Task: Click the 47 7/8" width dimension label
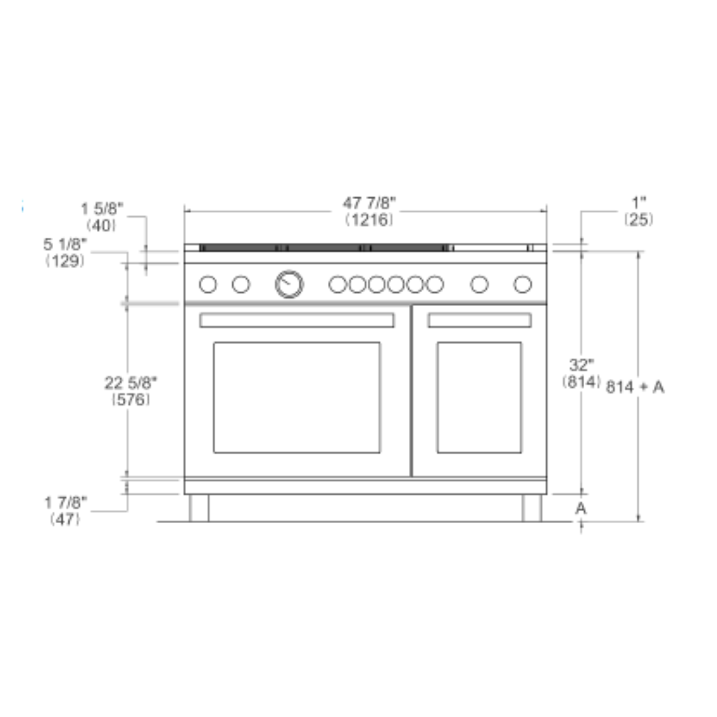[x=369, y=202]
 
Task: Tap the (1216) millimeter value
[x=369, y=220]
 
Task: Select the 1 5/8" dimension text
[x=102, y=209]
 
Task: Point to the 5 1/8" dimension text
[x=65, y=244]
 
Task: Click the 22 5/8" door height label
[x=131, y=383]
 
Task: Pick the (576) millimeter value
[x=131, y=400]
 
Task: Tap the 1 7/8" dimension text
[x=65, y=503]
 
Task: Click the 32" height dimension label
[x=581, y=365]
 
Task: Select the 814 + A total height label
[x=635, y=387]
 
